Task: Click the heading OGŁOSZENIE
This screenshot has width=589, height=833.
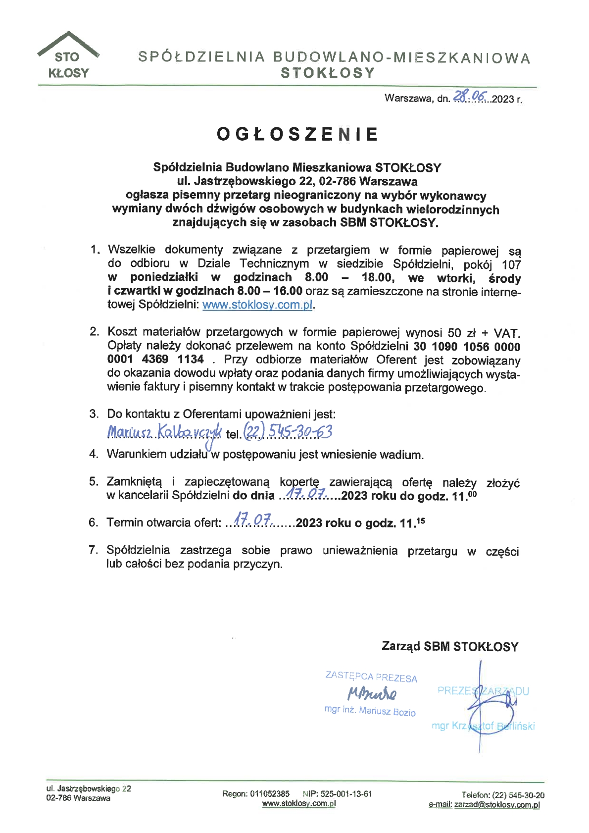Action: pyautogui.click(x=297, y=134)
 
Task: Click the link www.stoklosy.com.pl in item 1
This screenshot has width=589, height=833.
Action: pyautogui.click(x=257, y=305)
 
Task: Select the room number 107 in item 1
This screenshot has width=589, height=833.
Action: pyautogui.click(x=511, y=264)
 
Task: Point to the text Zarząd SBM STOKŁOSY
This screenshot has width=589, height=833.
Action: pyautogui.click(x=449, y=646)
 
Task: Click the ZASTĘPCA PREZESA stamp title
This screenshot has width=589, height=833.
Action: pyautogui.click(x=371, y=677)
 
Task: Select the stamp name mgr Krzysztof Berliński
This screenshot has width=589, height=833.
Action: pyautogui.click(x=483, y=726)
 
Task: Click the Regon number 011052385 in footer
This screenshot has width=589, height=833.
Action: pyautogui.click(x=270, y=794)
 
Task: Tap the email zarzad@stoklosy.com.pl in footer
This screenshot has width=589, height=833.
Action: pyautogui.click(x=496, y=805)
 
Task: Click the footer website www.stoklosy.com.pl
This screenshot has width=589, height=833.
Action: pyautogui.click(x=298, y=803)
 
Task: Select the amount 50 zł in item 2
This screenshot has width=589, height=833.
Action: pyautogui.click(x=460, y=332)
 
